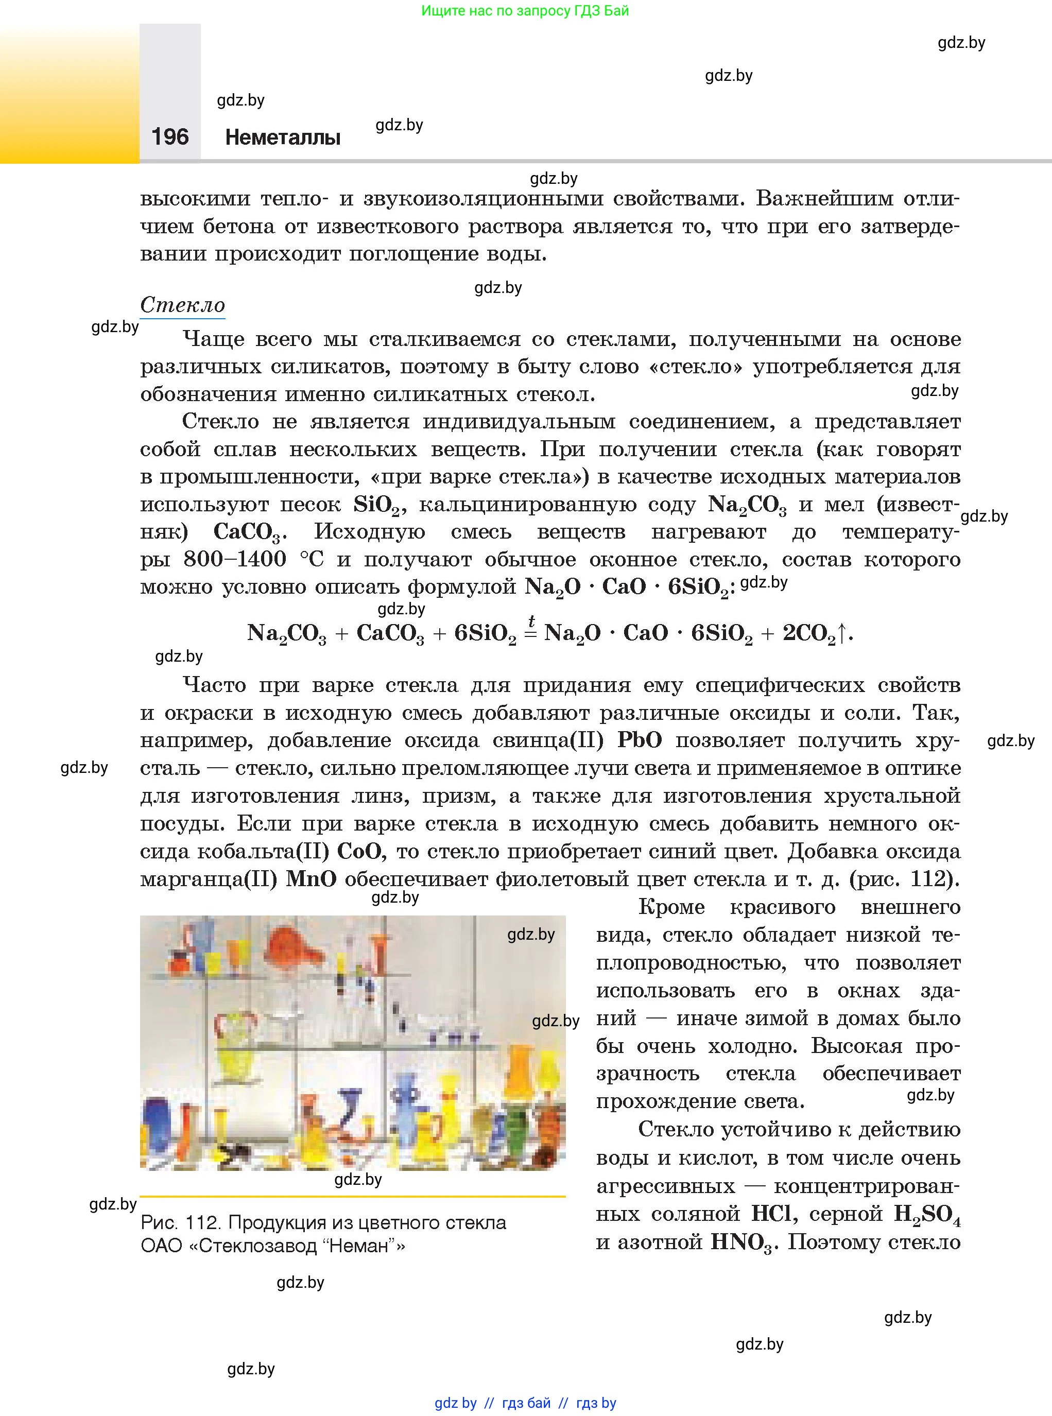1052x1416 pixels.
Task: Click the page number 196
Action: pos(170,136)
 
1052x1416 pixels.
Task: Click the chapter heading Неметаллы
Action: pos(283,137)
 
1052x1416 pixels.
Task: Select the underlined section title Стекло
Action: pos(182,304)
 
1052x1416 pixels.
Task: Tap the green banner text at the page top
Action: pos(525,10)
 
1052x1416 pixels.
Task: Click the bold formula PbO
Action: pos(640,740)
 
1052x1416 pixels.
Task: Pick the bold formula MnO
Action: pos(311,878)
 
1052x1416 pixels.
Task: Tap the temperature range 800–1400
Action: pos(235,559)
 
